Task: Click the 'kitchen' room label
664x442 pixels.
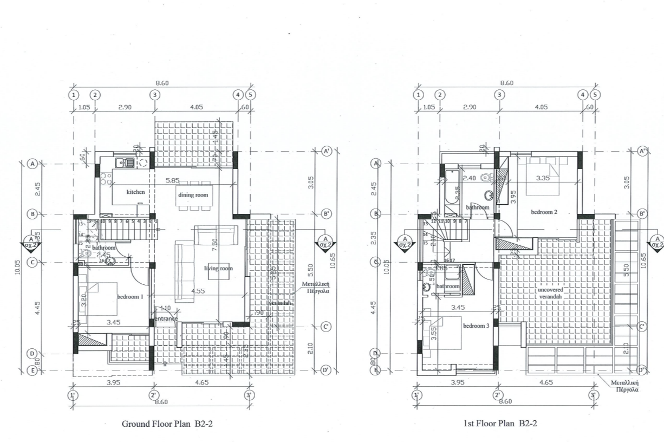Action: click(x=135, y=192)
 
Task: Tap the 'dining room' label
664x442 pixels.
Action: click(x=193, y=194)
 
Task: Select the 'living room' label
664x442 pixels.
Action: click(x=218, y=268)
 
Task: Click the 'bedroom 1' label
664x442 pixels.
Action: click(x=130, y=297)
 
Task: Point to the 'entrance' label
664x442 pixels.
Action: click(x=166, y=318)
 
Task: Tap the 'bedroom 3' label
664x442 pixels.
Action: click(x=476, y=326)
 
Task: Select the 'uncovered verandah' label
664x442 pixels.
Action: click(x=551, y=293)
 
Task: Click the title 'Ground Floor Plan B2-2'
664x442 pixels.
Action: click(x=167, y=424)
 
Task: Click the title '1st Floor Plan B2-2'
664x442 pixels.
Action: click(x=501, y=424)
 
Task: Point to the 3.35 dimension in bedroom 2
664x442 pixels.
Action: click(x=543, y=178)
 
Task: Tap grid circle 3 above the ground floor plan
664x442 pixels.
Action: click(x=154, y=94)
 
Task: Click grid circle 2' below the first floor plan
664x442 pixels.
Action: click(x=497, y=395)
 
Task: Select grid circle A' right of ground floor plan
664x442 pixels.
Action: click(x=326, y=151)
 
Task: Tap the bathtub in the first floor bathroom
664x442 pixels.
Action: click(x=450, y=187)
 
